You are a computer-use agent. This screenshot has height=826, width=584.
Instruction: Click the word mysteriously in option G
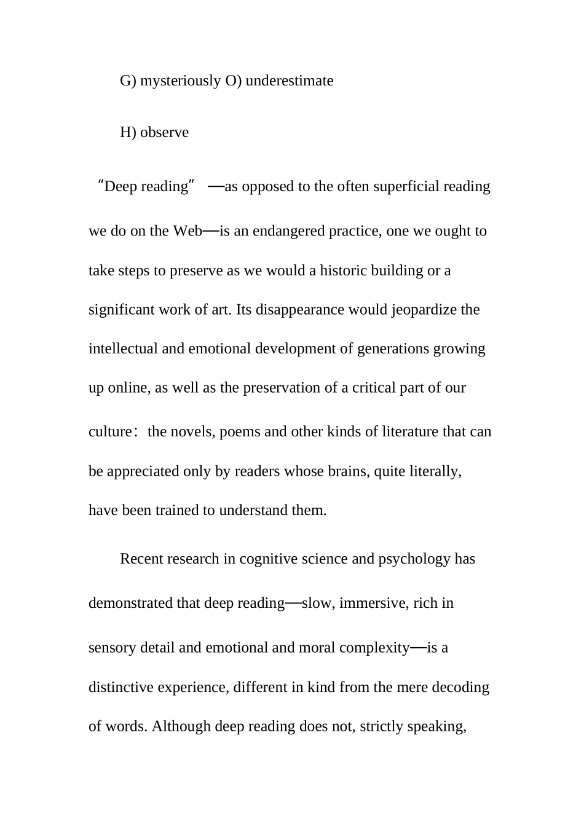tap(180, 81)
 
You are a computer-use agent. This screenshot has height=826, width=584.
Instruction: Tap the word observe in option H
tap(164, 133)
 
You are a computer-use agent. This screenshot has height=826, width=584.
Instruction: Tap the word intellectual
tap(123, 349)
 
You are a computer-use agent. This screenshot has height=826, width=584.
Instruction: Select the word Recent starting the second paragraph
tap(138, 559)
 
